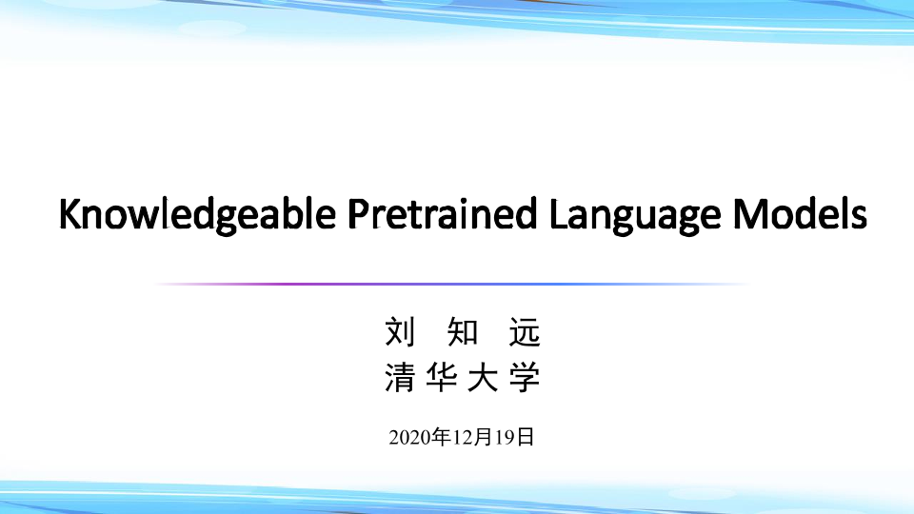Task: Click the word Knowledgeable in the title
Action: (x=198, y=215)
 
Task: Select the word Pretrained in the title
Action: (x=442, y=213)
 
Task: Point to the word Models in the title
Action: (x=800, y=213)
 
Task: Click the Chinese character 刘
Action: (x=401, y=332)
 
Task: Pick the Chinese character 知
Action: (x=463, y=332)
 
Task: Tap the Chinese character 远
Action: (x=526, y=332)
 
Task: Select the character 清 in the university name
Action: (x=400, y=377)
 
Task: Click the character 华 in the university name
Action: (x=441, y=377)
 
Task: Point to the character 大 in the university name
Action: (x=484, y=377)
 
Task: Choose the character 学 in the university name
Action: (x=525, y=377)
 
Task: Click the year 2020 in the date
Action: (x=410, y=437)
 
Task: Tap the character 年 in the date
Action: (x=442, y=437)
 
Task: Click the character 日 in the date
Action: (x=526, y=437)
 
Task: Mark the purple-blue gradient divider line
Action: (x=452, y=284)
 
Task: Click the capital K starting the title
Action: (x=70, y=213)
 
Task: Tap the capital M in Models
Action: (x=748, y=213)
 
